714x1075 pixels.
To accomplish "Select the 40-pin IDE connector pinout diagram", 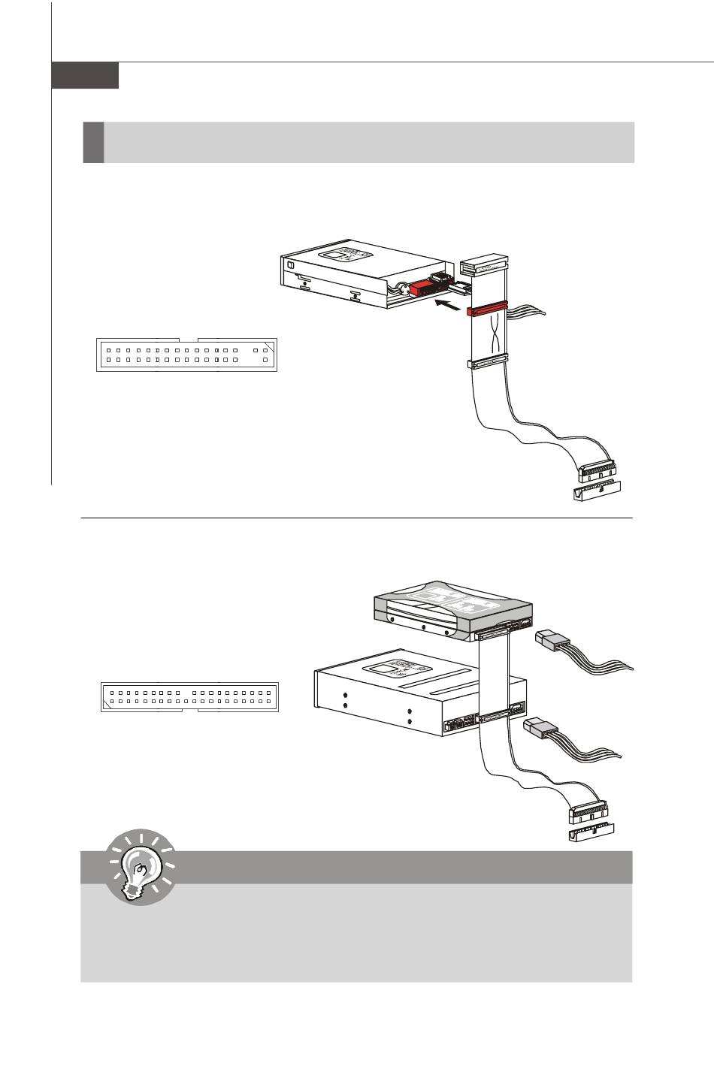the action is pyautogui.click(x=189, y=698).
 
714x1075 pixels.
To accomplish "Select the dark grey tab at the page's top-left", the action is pyautogui.click(x=85, y=76).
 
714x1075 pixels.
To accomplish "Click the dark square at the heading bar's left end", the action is pyautogui.click(x=93, y=143).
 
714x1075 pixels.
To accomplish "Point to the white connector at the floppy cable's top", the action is pyautogui.click(x=485, y=267).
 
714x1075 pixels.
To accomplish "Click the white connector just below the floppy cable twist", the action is pyautogui.click(x=487, y=363).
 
